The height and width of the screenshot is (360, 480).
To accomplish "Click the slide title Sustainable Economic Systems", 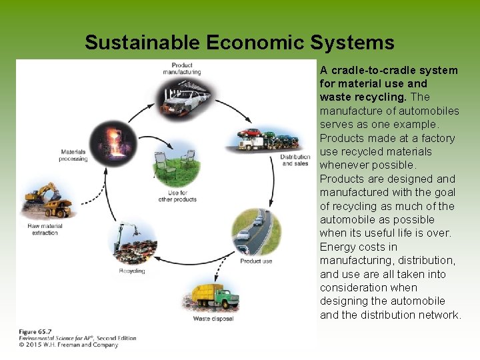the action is pyautogui.click(x=239, y=43).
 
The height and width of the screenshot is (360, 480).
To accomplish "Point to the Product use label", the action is pyautogui.click(x=256, y=261).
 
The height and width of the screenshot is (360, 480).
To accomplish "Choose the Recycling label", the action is pyautogui.click(x=132, y=271).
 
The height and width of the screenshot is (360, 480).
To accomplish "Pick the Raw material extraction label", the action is pyautogui.click(x=45, y=229).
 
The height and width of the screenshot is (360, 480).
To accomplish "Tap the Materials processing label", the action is pyautogui.click(x=73, y=155).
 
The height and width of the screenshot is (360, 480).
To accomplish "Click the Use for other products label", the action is pyautogui.click(x=177, y=196).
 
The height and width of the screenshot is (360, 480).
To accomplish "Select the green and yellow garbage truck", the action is pyautogui.click(x=215, y=296).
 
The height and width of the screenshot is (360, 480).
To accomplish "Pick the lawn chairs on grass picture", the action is pyautogui.click(x=176, y=165).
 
